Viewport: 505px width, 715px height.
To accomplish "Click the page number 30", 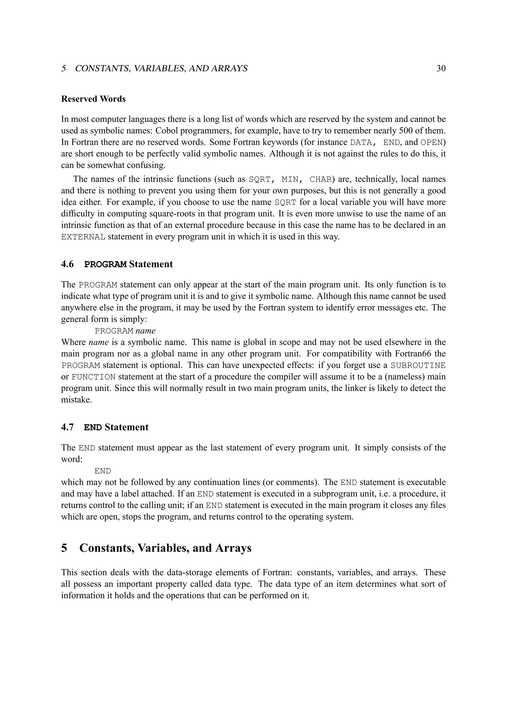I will [x=441, y=68].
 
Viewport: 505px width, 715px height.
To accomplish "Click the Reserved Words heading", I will [x=93, y=99].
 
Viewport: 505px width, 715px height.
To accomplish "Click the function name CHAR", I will [x=320, y=180].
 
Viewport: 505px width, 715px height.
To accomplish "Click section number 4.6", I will [x=68, y=264].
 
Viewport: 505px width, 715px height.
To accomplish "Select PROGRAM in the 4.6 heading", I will [x=106, y=265].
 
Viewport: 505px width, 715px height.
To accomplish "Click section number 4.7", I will [x=68, y=427].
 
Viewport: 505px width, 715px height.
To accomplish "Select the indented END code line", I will [x=103, y=471].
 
